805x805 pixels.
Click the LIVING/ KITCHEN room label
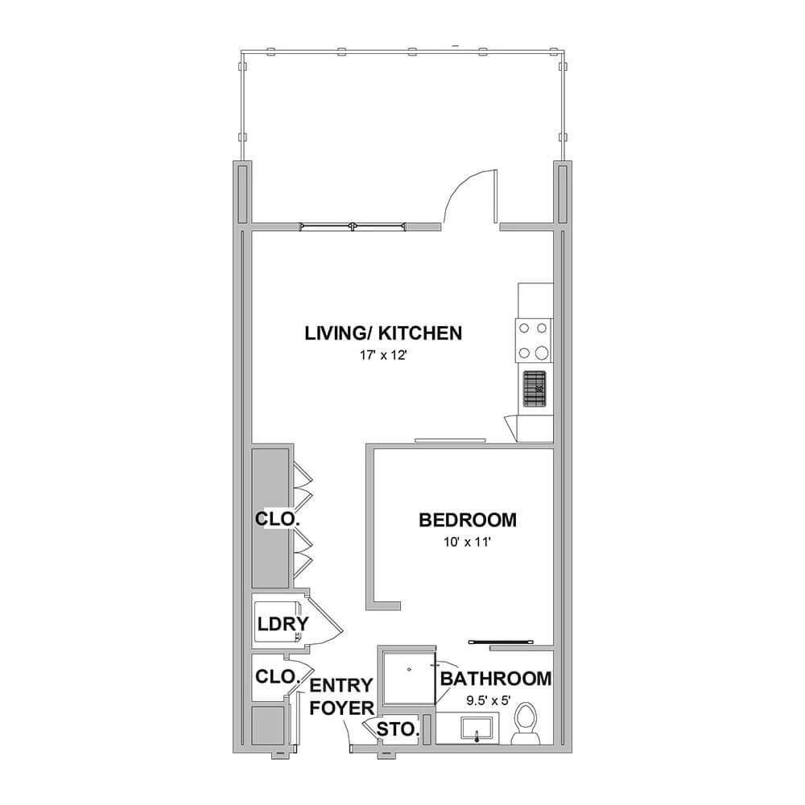(383, 333)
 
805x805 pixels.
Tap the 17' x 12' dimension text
(383, 355)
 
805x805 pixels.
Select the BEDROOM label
(468, 520)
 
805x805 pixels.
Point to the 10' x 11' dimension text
(467, 542)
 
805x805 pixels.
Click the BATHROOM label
(496, 679)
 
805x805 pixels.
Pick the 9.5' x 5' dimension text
(489, 701)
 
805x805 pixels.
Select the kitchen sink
(535, 389)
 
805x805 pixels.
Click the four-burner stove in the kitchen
(534, 341)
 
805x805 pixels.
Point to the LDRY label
(283, 624)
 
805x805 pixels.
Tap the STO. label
(398, 729)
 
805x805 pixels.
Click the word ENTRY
(341, 685)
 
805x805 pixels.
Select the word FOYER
(342, 708)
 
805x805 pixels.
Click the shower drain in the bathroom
(409, 670)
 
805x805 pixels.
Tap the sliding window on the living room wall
(353, 226)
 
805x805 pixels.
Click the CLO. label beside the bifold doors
(277, 519)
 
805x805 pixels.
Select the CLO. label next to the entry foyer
(277, 677)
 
